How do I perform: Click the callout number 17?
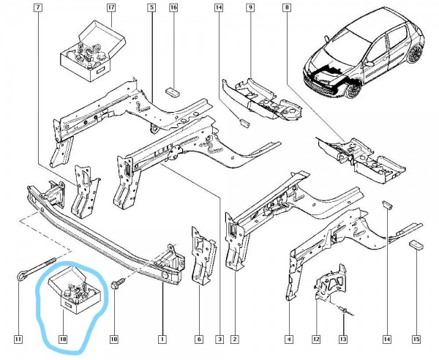point(111,8)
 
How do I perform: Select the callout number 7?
point(38,8)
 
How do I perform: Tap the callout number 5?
point(151,8)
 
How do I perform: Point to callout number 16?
point(173,8)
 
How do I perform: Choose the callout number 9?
point(249,8)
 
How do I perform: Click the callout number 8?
point(286,8)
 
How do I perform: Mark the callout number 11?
point(18,340)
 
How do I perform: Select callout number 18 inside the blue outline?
point(63,340)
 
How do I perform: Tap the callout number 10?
point(113,340)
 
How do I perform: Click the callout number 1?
point(162,340)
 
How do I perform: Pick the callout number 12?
point(316,340)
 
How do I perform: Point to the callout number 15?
point(416,340)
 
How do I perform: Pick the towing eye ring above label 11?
point(22,276)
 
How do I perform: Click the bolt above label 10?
point(116,282)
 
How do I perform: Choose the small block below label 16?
point(173,91)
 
